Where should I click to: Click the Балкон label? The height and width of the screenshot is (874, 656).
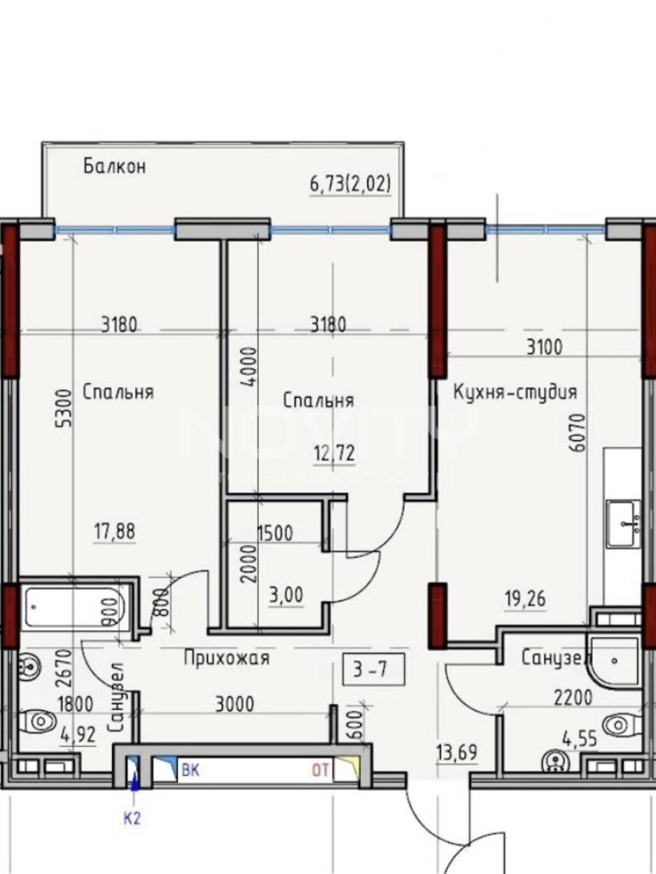pyautogui.click(x=114, y=166)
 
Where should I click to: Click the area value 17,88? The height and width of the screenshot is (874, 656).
pyautogui.click(x=114, y=531)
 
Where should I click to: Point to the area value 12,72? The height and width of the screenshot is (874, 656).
pyautogui.click(x=334, y=453)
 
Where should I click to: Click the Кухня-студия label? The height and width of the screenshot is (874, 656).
pyautogui.click(x=515, y=392)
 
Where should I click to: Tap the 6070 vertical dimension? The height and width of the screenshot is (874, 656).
pyautogui.click(x=578, y=433)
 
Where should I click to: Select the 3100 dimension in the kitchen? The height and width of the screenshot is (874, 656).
pyautogui.click(x=544, y=347)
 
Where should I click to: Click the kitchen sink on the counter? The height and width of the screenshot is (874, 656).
pyautogui.click(x=623, y=523)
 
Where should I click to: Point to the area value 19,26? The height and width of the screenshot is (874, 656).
pyautogui.click(x=525, y=599)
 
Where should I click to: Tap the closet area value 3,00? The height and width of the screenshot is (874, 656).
pyautogui.click(x=286, y=595)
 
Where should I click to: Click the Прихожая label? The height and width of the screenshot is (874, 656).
pyautogui.click(x=226, y=658)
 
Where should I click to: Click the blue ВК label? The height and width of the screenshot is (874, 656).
pyautogui.click(x=190, y=771)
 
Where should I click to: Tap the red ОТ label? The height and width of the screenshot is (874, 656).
pyautogui.click(x=320, y=771)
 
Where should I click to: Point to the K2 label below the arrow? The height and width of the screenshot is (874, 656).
pyautogui.click(x=132, y=818)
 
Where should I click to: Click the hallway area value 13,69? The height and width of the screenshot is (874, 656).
pyautogui.click(x=456, y=753)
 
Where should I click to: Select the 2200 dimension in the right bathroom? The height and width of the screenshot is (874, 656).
pyautogui.click(x=573, y=698)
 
